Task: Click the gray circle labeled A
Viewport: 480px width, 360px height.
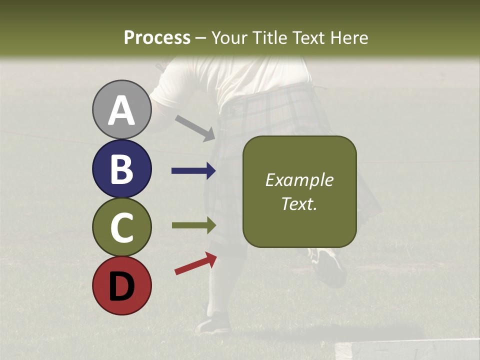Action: (121, 109)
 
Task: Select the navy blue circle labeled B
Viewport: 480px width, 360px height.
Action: (121, 168)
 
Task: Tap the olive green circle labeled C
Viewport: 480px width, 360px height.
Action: (121, 227)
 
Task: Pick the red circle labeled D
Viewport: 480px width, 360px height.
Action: (121, 285)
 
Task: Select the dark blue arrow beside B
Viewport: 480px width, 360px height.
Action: (193, 171)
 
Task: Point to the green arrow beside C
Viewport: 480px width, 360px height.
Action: (193, 225)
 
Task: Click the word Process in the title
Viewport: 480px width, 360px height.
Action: (157, 37)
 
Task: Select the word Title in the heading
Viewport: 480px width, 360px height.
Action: (268, 37)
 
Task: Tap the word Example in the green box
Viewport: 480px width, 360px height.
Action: (299, 180)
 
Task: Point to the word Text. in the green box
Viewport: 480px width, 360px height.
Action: (299, 203)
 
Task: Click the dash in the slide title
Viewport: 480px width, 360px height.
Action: (201, 38)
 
